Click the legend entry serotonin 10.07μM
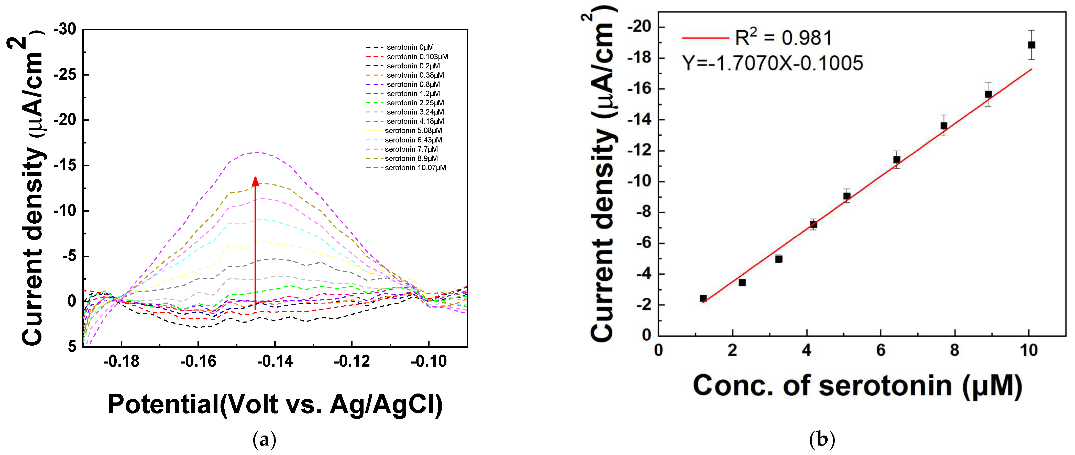tap(415, 168)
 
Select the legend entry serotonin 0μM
tap(410, 47)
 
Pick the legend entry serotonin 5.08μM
tap(413, 130)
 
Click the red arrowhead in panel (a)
tap(255, 181)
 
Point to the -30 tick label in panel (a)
tap(65, 29)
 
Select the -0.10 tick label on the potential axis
tap(429, 361)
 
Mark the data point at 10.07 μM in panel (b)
tap(1032, 45)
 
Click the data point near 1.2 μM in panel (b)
tap(703, 298)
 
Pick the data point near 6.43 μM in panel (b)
tap(896, 160)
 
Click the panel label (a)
tap(265, 440)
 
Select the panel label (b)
tap(822, 440)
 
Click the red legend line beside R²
tap(705, 38)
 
